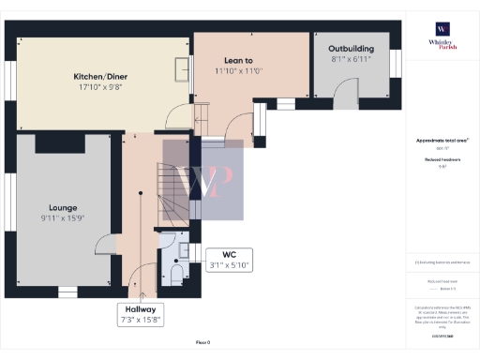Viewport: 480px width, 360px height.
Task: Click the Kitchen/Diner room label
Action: coord(100,76)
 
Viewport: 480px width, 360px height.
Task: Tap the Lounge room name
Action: coord(64,207)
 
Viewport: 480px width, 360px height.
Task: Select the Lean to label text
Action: coord(237,59)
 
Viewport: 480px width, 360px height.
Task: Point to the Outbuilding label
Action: coord(352,48)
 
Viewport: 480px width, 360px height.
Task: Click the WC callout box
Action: coord(228,260)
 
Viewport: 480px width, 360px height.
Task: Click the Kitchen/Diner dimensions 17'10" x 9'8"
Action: coord(100,87)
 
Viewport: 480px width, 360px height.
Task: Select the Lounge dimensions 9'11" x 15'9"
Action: coord(64,218)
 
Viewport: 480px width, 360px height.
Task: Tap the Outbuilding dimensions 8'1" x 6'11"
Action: coord(352,59)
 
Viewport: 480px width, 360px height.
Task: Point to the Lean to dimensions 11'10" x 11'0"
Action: coord(237,70)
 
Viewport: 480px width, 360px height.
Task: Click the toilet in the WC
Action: coord(175,272)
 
